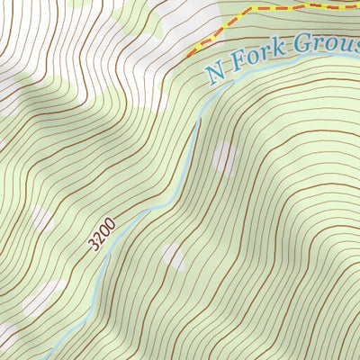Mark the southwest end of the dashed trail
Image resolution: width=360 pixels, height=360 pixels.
pyautogui.click(x=189, y=54)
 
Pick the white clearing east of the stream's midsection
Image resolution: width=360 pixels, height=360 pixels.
pyautogui.click(x=224, y=159)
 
